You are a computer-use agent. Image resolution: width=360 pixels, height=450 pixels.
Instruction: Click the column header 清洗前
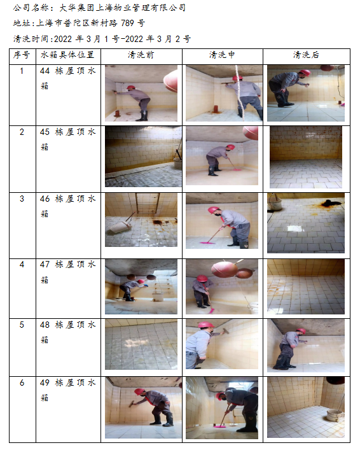pyautogui.click(x=141, y=55)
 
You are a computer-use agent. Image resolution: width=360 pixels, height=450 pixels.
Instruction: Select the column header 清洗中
pyautogui.click(x=222, y=55)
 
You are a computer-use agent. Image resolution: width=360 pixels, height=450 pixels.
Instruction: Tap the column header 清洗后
pyautogui.click(x=306, y=55)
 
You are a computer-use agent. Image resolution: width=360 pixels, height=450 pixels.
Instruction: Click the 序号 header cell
pyautogui.click(x=22, y=55)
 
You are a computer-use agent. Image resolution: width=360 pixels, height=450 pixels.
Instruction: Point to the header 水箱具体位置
pyautogui.click(x=67, y=55)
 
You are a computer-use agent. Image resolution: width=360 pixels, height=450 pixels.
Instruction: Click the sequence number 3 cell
pyautogui.click(x=22, y=199)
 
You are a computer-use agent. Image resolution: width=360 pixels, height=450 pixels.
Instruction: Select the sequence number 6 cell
pyautogui.click(x=22, y=383)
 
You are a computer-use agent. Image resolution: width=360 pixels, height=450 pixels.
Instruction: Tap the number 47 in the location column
pyautogui.click(x=45, y=264)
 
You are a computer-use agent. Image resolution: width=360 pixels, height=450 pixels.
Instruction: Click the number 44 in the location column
pyautogui.click(x=45, y=71)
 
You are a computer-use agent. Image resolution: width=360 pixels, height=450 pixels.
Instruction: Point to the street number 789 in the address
pyautogui.click(x=127, y=23)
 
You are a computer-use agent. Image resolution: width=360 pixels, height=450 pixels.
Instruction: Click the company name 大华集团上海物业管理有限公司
pyautogui.click(x=123, y=8)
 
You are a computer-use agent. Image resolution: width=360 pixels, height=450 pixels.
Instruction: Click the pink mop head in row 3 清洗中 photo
pyautogui.click(x=207, y=243)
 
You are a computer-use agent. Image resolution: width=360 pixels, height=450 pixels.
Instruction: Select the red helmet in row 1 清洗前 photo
pyautogui.click(x=131, y=87)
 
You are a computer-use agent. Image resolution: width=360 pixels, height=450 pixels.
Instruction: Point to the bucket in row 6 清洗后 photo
pyautogui.click(x=335, y=416)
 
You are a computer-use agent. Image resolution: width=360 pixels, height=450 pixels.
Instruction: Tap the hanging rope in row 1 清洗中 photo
pyautogui.click(x=240, y=92)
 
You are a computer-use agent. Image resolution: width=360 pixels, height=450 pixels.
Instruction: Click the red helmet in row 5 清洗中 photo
pyautogui.click(x=206, y=325)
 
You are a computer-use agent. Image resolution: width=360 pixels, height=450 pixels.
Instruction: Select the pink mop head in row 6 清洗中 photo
pyautogui.click(x=220, y=427)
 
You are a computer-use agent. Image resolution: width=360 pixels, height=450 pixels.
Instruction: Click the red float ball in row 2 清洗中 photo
pyautogui.click(x=251, y=133)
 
